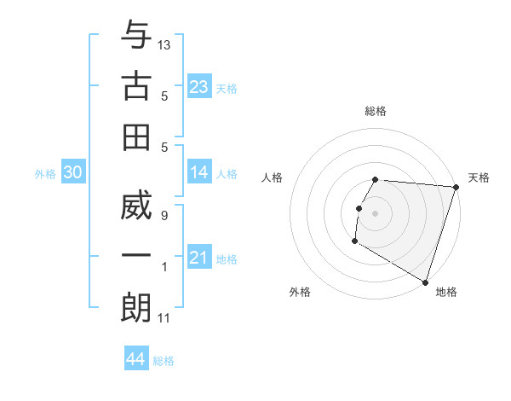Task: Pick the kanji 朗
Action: coord(136,307)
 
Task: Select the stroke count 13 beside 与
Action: coord(164,44)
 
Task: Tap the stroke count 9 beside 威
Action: coord(164,215)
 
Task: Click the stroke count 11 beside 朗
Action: coord(164,318)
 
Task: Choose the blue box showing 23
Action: coord(199,87)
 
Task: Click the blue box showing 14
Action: coord(199,172)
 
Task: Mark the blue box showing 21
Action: coord(199,258)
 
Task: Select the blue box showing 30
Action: coord(72,172)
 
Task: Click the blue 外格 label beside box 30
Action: coord(45,174)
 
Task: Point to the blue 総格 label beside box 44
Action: coord(164,361)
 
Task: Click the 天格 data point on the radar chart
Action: coord(456,188)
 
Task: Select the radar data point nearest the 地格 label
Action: coord(424,281)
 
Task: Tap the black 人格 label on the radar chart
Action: coord(273,177)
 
